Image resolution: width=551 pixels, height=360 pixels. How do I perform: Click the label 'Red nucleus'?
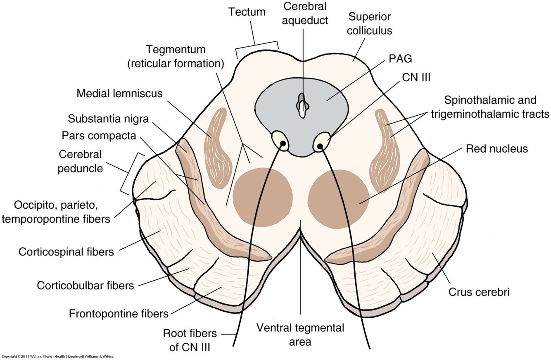(x=497, y=148)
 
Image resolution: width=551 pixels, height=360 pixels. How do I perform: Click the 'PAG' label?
(x=400, y=59)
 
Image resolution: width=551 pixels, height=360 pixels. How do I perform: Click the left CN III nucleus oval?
(x=281, y=141)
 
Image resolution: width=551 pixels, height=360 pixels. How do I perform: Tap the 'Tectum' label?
(x=247, y=12)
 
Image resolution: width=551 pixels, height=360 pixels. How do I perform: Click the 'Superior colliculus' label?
(x=370, y=24)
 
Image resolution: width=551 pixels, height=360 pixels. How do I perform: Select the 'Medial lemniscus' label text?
(x=119, y=94)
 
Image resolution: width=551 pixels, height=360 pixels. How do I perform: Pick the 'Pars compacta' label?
(x=99, y=136)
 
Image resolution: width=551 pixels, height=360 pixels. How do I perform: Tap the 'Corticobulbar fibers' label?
(x=85, y=285)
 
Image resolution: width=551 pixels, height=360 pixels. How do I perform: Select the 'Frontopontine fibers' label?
(x=119, y=313)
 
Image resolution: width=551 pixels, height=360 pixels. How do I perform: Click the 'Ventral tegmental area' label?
(x=300, y=335)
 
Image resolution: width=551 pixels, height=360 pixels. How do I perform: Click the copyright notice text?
(x=58, y=356)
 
